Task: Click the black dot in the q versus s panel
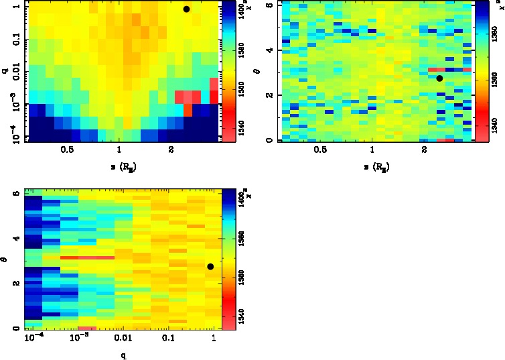[186, 9]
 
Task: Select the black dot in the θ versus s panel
[439, 78]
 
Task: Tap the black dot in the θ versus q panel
[210, 267]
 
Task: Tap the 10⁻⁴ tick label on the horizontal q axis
[33, 341]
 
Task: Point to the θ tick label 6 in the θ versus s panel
[268, 5]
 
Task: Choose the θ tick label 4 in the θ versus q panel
[15, 239]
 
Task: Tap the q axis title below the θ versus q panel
[123, 355]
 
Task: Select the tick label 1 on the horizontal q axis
[214, 341]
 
